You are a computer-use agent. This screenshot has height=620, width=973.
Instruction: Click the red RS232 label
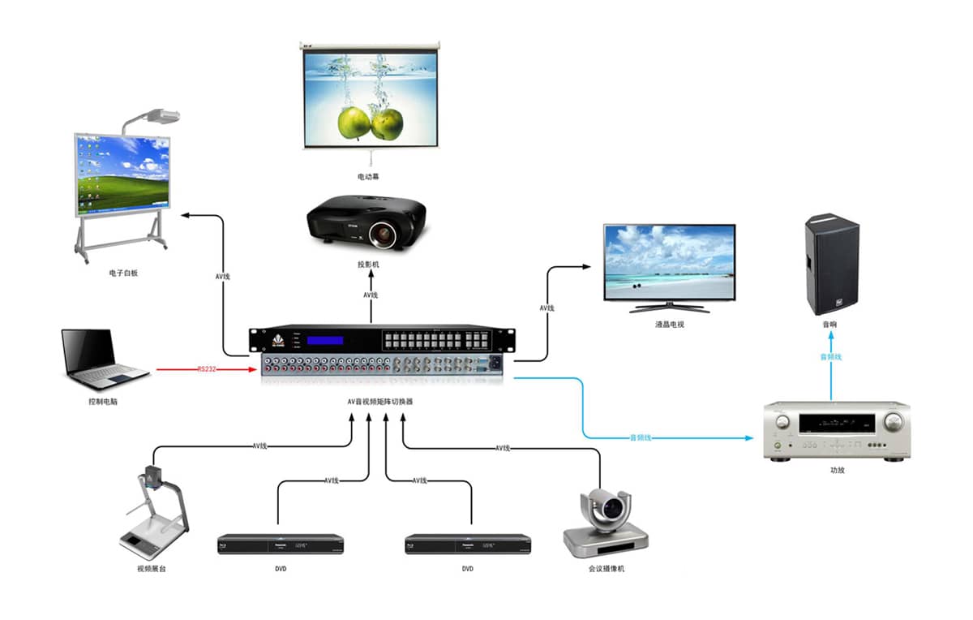(x=208, y=369)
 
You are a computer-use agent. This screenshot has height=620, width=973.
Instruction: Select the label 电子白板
(x=123, y=273)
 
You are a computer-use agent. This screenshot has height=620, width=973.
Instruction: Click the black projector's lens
(x=383, y=234)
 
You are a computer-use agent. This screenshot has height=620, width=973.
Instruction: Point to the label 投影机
(x=368, y=265)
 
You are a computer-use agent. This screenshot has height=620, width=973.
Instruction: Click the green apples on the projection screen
(x=371, y=123)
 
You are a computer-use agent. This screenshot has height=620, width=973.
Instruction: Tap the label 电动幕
(x=368, y=175)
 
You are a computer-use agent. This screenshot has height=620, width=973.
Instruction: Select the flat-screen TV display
(x=669, y=260)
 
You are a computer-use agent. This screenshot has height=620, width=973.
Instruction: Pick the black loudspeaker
(x=831, y=264)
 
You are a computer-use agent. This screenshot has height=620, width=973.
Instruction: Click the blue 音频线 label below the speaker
(x=831, y=356)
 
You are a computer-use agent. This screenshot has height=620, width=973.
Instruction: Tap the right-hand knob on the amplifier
(x=893, y=422)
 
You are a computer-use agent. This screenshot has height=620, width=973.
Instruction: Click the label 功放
(x=837, y=470)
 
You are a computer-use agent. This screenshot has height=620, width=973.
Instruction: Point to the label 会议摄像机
(x=607, y=569)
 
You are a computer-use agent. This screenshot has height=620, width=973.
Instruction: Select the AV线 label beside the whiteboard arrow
(x=222, y=277)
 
